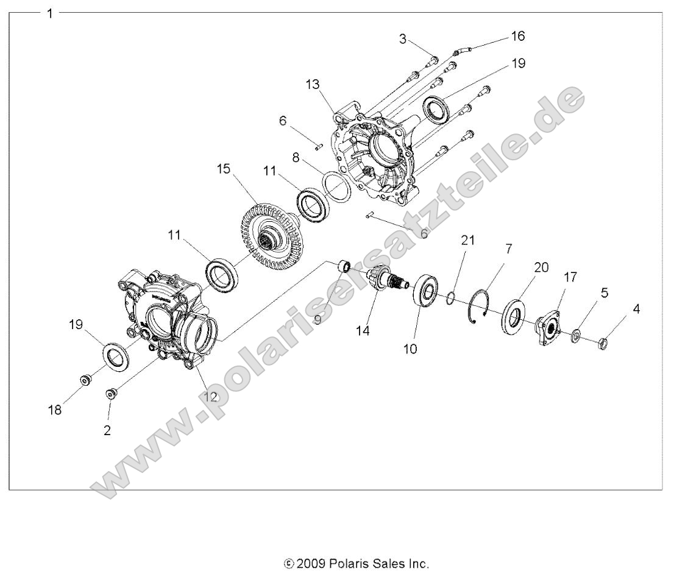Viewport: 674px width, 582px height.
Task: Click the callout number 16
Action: [x=517, y=37]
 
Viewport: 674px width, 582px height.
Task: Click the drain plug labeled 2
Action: [x=111, y=394]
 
